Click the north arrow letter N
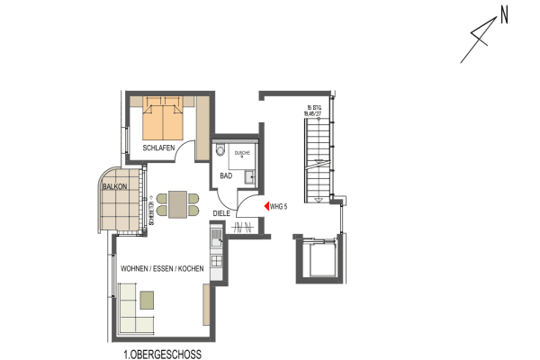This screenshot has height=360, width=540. point(504,14)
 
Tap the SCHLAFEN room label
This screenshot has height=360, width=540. point(158,147)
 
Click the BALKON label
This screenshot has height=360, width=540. point(114,186)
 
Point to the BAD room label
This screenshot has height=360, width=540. point(226,176)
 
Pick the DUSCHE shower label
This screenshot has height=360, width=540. point(242,154)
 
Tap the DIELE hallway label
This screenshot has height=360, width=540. point(222,213)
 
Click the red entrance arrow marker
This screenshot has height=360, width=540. point(265,206)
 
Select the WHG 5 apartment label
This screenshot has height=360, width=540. point(279,207)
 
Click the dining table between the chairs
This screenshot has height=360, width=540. point(175,205)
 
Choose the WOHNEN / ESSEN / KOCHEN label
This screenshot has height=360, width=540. point(162,269)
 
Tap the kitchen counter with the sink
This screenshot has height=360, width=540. point(216,238)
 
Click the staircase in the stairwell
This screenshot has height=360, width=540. point(319,162)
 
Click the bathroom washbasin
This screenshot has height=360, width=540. point(254,176)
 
